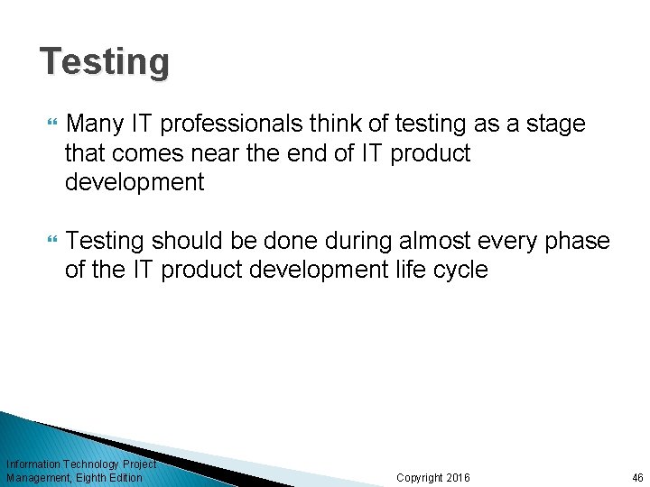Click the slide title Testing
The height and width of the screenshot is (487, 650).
pos(105,62)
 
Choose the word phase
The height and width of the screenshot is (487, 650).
pos(579,242)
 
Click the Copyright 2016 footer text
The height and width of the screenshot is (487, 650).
pos(433,477)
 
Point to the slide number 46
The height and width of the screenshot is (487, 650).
pos(637,477)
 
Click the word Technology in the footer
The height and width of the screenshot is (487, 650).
pos(90,464)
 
